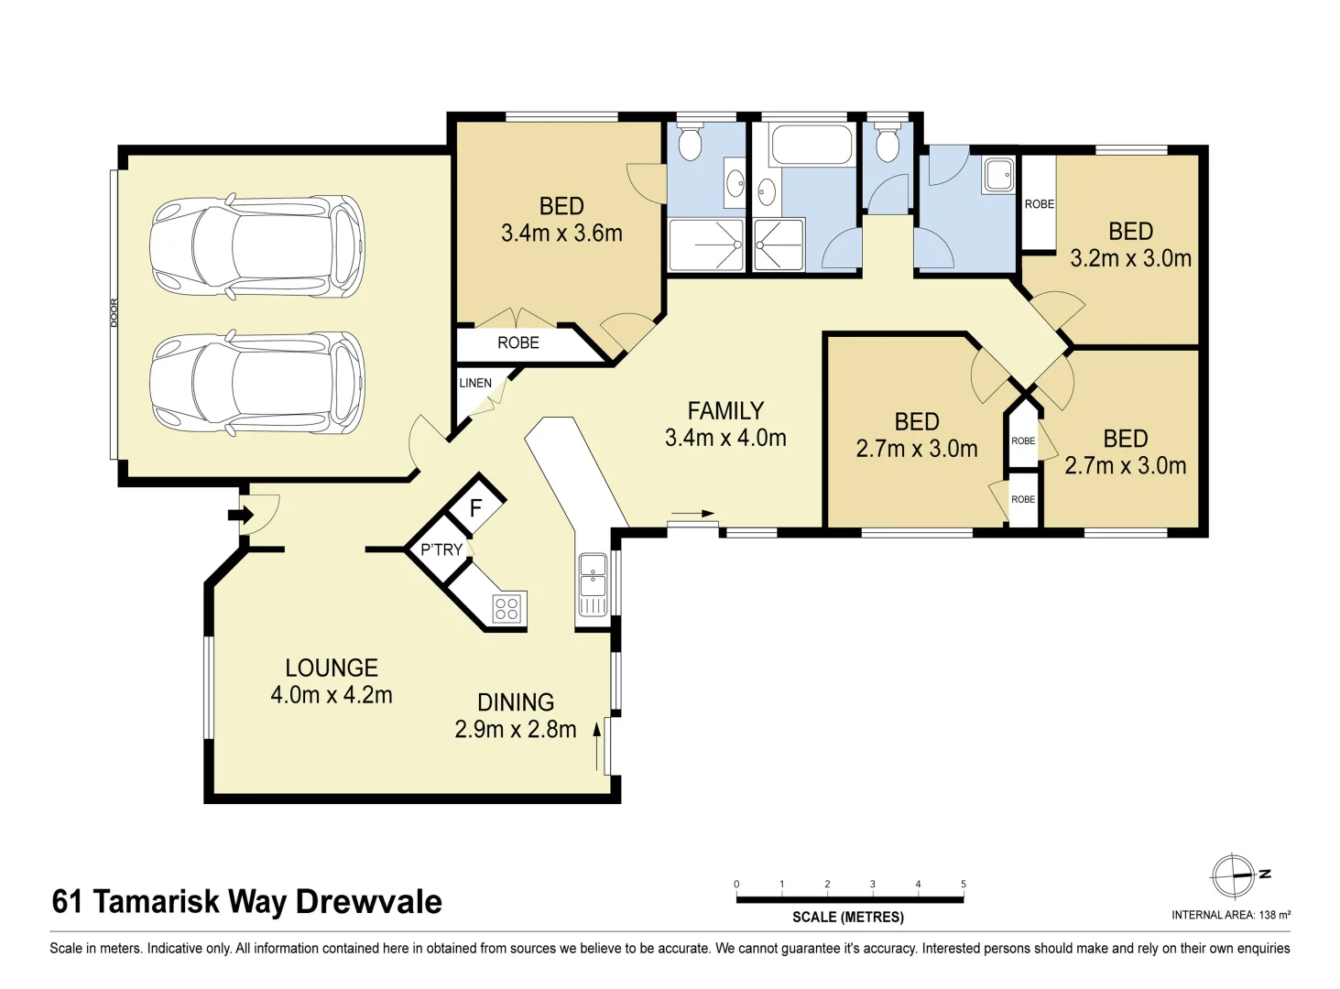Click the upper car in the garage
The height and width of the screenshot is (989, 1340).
point(257,245)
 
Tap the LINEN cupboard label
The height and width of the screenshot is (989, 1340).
point(475,383)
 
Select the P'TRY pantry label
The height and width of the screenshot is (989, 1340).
point(441,549)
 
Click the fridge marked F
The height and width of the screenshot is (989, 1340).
point(475,507)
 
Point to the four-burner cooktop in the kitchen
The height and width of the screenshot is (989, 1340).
point(507,608)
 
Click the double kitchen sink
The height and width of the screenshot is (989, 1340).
point(593,584)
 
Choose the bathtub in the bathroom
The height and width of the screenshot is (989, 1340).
point(812,146)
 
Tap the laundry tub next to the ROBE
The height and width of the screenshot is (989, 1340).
point(998,174)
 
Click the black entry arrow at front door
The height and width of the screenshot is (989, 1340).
point(241,515)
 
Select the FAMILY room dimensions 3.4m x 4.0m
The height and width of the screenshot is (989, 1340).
point(725,439)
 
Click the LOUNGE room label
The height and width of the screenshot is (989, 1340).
point(332,668)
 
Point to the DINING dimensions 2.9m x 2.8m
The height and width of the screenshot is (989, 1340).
point(516,729)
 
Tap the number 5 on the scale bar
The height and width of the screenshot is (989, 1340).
point(963,884)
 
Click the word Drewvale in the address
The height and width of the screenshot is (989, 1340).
point(368,902)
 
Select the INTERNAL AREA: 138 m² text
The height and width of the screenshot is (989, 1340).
point(1231,915)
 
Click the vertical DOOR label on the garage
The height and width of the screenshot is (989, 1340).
point(114,313)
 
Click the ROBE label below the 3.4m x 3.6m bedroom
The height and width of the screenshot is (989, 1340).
point(518,342)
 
